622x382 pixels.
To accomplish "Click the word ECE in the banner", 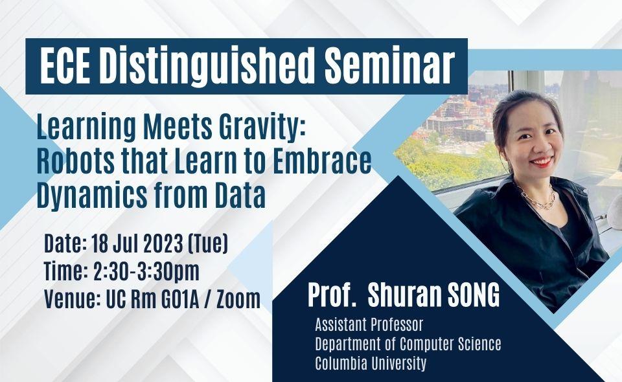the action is coord(65,66).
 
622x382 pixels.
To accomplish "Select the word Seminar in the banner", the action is coord(389,66).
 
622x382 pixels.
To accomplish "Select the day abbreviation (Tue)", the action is coord(208,243).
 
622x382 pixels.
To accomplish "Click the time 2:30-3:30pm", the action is coord(146,272).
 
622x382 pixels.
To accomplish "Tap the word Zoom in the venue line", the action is coord(238,299).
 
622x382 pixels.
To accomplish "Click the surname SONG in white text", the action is coord(474,295).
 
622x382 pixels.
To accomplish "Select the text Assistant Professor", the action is coord(369,325).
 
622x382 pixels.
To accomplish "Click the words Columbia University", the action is coord(371,363).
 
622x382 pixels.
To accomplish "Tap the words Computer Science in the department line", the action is coord(450,344).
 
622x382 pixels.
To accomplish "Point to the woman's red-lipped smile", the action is coord(542,162).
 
